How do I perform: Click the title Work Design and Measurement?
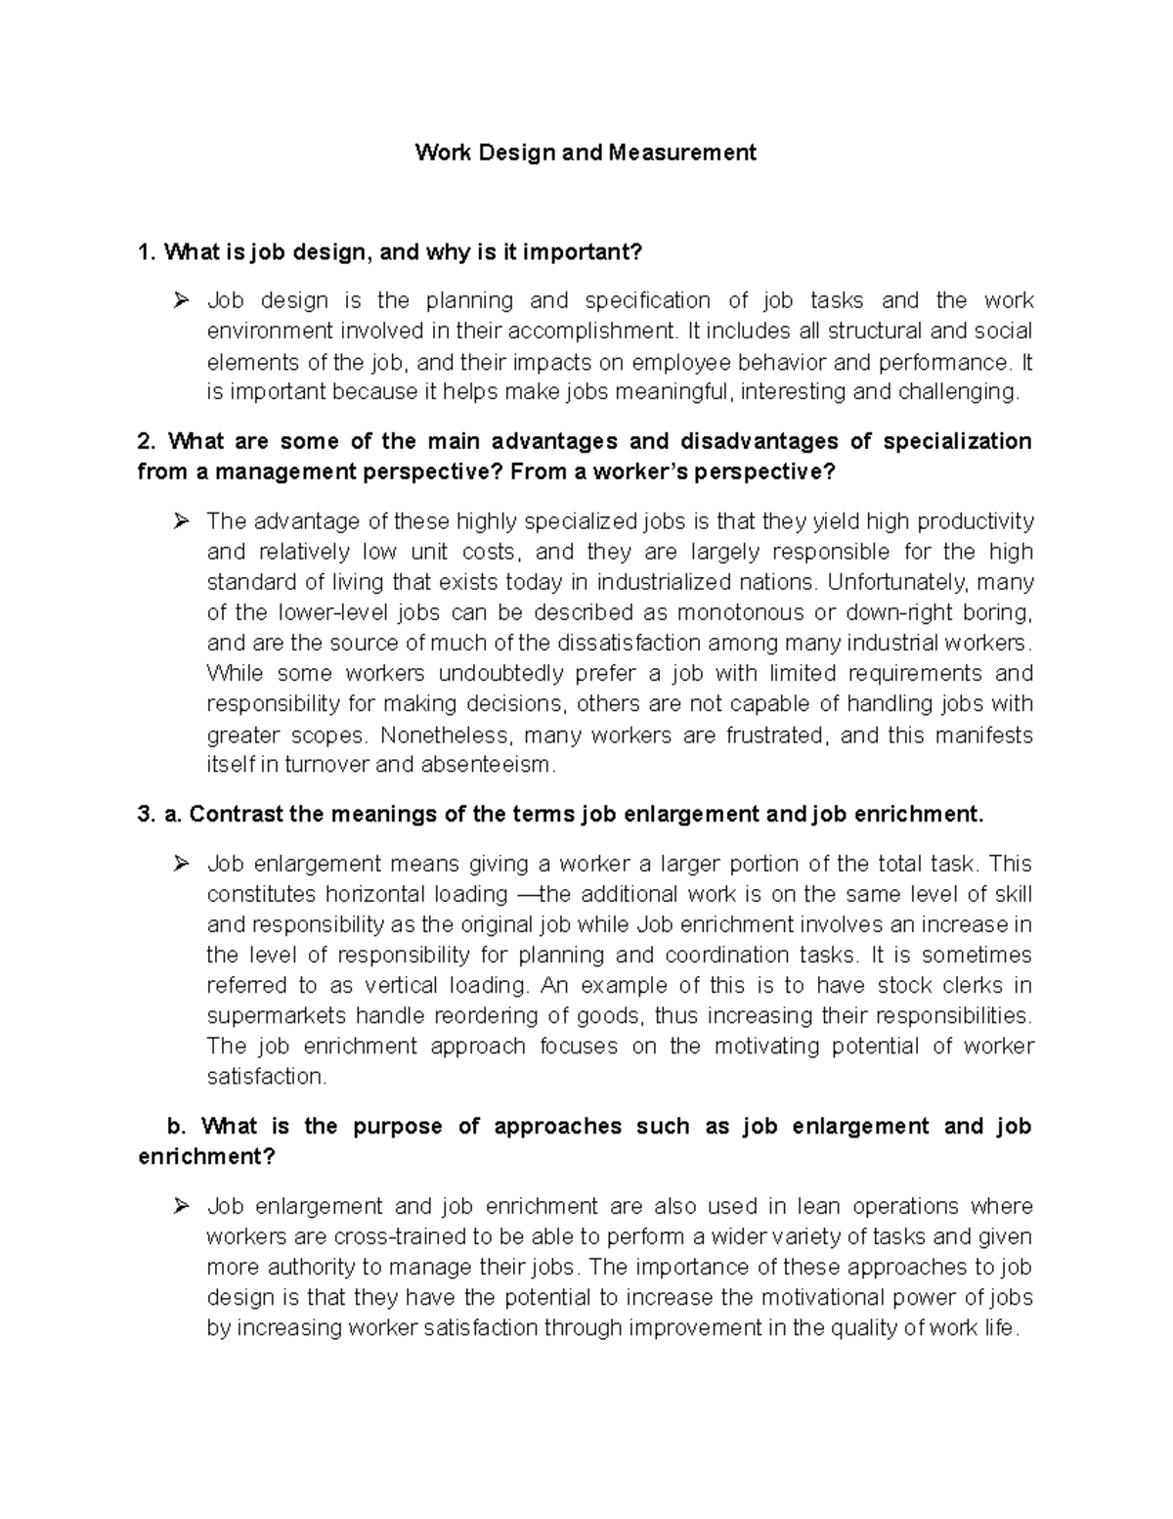(x=586, y=153)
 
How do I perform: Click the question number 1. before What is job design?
(x=148, y=252)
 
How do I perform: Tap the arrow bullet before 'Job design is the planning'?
(x=180, y=301)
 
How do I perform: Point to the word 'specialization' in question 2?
(x=957, y=441)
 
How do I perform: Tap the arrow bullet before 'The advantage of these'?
(x=180, y=521)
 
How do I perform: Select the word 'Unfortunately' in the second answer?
(x=895, y=582)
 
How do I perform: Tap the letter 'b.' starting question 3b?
(x=176, y=1126)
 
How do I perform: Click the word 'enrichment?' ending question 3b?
(x=207, y=1156)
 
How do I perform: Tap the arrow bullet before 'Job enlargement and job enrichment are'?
(x=180, y=1207)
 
